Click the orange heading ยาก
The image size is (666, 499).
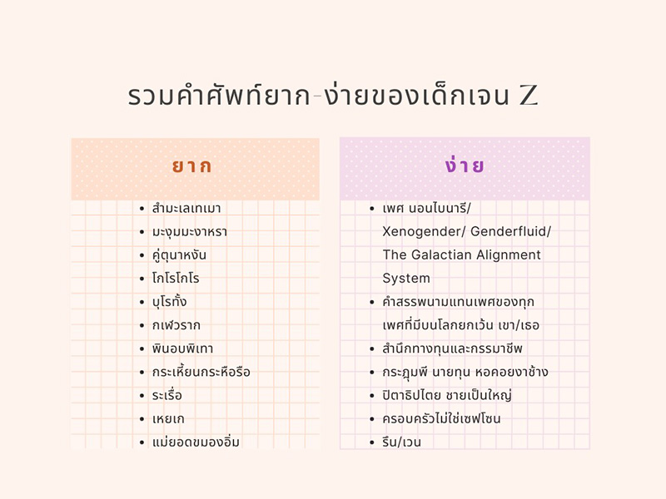(x=191, y=166)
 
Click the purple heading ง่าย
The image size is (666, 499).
(x=465, y=166)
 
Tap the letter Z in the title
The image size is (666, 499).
(x=529, y=96)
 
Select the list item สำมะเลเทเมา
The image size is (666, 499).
(x=186, y=208)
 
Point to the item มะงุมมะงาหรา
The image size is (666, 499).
(x=189, y=231)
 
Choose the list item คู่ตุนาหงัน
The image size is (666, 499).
(x=179, y=254)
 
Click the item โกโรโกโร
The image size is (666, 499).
(x=176, y=278)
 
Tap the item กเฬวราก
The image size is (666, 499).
(x=176, y=324)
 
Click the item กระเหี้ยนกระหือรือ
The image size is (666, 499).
(x=201, y=372)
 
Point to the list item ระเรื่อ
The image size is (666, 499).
(x=166, y=395)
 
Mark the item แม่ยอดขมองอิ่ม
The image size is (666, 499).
(x=196, y=442)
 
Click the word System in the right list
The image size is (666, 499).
(x=406, y=278)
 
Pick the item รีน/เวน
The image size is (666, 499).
(x=401, y=442)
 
